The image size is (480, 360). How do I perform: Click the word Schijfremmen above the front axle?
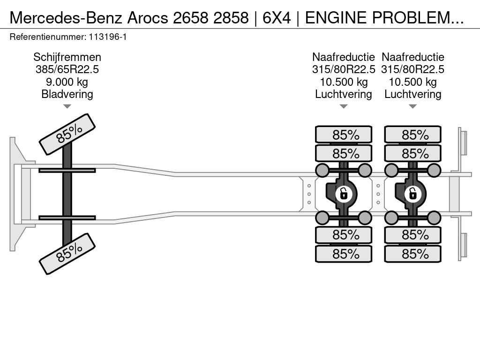pos(67,57)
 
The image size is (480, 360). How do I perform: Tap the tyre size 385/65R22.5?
pos(67,69)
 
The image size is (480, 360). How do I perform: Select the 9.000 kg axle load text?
pos(67,82)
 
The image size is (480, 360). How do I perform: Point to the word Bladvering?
pos(67,94)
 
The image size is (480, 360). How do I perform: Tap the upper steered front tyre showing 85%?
pos(67,134)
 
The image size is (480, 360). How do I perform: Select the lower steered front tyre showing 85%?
pos(67,254)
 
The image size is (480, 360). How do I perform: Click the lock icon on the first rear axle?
pos(344,193)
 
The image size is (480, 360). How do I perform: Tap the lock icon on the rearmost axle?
pos(412,193)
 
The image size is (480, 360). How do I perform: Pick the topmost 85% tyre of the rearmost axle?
pos(412,135)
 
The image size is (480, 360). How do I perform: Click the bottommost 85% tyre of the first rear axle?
pos(344,254)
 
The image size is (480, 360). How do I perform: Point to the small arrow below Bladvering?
pos(67,106)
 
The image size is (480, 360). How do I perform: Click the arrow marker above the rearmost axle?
pos(412,106)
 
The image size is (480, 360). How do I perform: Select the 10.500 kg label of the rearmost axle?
pos(412,82)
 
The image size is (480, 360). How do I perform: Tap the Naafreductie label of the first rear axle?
pos(344,57)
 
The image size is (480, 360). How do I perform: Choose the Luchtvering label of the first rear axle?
pos(344,94)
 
